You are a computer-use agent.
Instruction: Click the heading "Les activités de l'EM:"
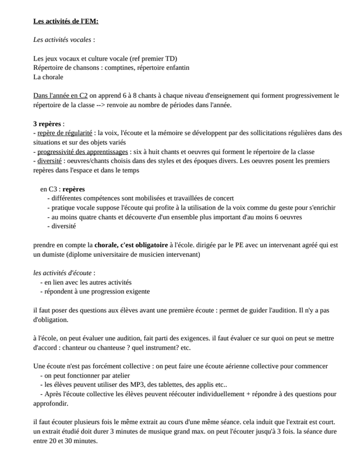(x=66, y=22)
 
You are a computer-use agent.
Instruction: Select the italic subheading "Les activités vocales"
(x=62, y=40)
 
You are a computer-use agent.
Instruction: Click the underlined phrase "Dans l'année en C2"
(x=61, y=96)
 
